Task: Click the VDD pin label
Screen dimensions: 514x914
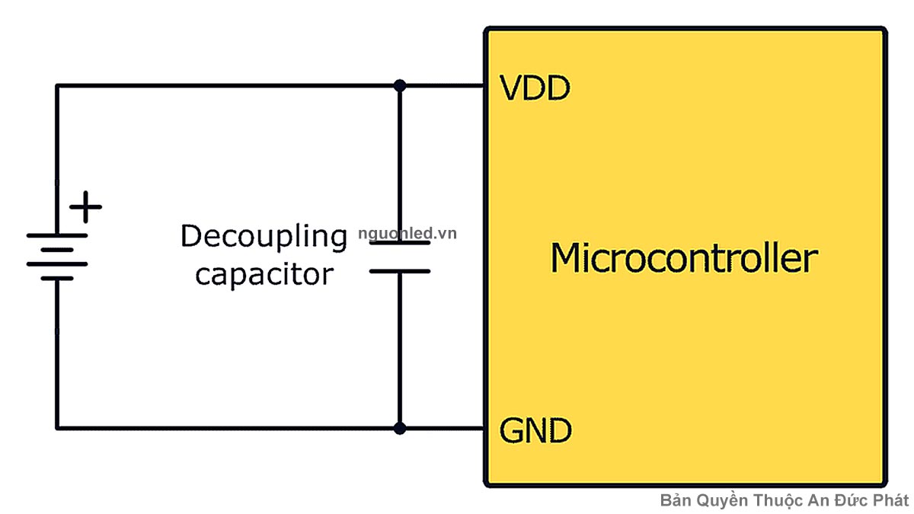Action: pos(535,89)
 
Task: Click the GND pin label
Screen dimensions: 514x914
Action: pos(535,432)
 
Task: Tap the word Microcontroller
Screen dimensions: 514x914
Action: pos(683,258)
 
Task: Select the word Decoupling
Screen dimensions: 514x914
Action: pos(264,238)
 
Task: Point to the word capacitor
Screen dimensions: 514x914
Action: pos(264,274)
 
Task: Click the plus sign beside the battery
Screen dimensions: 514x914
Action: pos(86,206)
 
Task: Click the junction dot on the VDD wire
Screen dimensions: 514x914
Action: pos(399,85)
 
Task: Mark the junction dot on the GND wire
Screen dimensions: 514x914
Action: pos(399,428)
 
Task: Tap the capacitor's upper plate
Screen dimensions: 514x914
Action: pos(399,244)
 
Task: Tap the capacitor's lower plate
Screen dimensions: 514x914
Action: pos(399,270)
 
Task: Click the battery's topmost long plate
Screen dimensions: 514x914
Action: pos(57,235)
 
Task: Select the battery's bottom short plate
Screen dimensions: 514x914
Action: pos(57,279)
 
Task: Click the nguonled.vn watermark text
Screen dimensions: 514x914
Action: pos(407,234)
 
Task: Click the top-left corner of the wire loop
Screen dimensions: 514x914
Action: pos(57,85)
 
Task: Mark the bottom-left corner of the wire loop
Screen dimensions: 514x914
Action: pos(57,428)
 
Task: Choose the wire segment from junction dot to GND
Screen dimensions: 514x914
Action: pos(442,428)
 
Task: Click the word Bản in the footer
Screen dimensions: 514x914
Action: pos(675,500)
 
